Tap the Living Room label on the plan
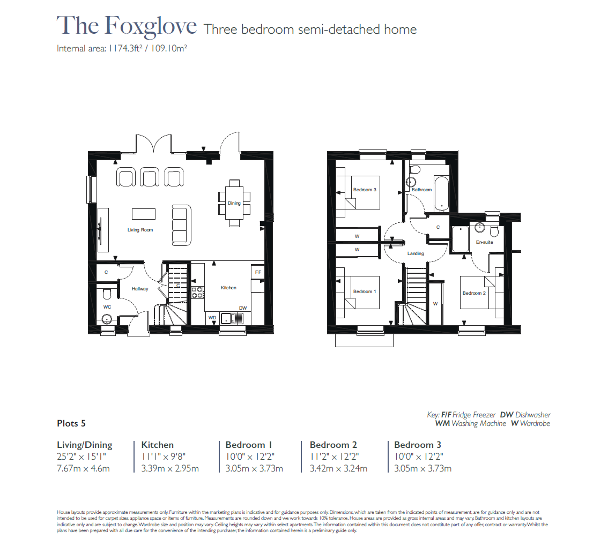click(x=140, y=230)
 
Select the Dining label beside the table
click(x=234, y=203)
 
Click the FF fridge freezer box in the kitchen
click(x=258, y=272)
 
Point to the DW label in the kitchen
click(x=243, y=308)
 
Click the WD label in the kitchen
click(x=212, y=318)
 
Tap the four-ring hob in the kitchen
click(x=197, y=293)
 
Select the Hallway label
click(x=140, y=289)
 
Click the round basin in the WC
click(x=107, y=320)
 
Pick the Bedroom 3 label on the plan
click(x=365, y=190)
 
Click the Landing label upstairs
click(x=416, y=253)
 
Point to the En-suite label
click(x=484, y=242)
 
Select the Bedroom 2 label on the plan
click(x=474, y=293)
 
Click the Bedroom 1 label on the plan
click(x=365, y=291)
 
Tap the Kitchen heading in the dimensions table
click(x=158, y=445)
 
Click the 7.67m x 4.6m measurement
click(x=83, y=469)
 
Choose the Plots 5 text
click(x=71, y=423)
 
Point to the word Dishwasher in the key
click(x=533, y=415)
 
